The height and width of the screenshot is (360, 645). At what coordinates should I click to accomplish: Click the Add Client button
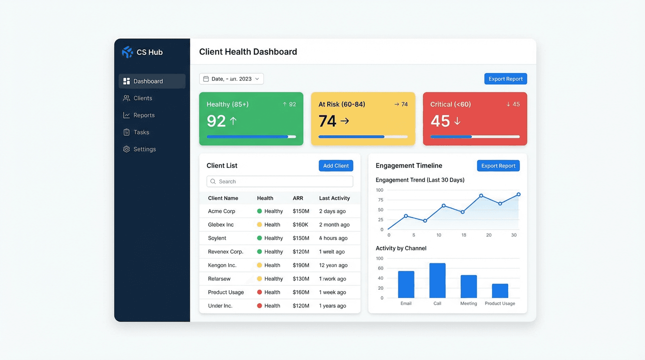tap(336, 165)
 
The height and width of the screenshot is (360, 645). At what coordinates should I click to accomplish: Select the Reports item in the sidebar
tap(143, 115)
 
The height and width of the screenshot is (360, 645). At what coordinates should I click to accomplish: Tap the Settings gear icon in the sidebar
tap(127, 149)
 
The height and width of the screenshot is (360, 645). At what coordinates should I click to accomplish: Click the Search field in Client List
tap(280, 181)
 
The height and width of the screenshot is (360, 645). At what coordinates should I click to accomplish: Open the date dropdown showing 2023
tap(232, 79)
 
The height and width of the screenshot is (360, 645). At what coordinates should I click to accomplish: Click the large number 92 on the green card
tap(216, 121)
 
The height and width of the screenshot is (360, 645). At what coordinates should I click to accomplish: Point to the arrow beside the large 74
tap(345, 121)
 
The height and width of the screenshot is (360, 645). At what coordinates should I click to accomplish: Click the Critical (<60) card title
tap(450, 104)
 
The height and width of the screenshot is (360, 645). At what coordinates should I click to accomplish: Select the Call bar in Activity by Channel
tap(437, 280)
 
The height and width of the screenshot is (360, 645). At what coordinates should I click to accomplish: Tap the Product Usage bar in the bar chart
tap(500, 291)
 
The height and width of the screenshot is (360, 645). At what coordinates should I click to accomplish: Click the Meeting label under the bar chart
tap(468, 303)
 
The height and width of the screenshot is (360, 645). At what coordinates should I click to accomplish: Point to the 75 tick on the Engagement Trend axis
tap(380, 200)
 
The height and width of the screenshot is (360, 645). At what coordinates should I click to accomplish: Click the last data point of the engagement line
tap(518, 194)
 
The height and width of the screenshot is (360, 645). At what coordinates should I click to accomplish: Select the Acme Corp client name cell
tap(222, 211)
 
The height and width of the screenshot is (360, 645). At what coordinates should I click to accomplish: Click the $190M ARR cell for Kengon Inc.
tap(301, 265)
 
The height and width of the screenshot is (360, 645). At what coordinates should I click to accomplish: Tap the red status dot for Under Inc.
tap(259, 306)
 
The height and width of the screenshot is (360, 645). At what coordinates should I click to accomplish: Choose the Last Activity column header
tap(334, 198)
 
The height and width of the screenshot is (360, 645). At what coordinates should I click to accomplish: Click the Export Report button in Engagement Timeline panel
tap(498, 165)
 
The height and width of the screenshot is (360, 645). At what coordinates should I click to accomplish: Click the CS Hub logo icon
tap(127, 52)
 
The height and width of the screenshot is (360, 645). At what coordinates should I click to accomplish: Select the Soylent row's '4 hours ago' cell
tap(333, 238)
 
